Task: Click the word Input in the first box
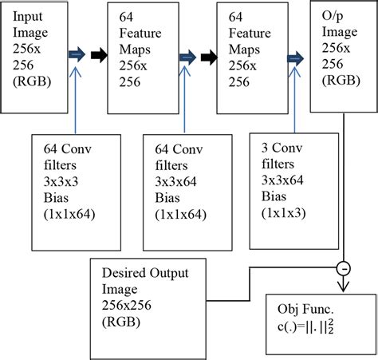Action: (28, 17)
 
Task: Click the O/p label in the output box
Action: (333, 16)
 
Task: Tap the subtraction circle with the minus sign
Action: (344, 268)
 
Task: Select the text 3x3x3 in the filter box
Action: (61, 181)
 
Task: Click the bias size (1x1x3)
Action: (283, 213)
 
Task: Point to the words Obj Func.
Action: (305, 309)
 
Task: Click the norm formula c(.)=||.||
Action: (305, 326)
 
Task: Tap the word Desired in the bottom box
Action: (124, 273)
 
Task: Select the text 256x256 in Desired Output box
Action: (127, 305)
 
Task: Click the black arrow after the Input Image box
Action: (99, 55)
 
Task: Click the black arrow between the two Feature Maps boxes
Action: (209, 57)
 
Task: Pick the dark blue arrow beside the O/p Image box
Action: (295, 58)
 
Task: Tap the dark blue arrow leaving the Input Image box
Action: (77, 54)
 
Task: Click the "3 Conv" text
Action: (282, 148)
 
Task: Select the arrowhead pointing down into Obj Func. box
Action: (343, 287)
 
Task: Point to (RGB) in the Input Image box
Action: (32, 81)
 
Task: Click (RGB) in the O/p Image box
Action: (341, 80)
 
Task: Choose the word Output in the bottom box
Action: (169, 273)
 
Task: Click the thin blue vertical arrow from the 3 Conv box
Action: (294, 100)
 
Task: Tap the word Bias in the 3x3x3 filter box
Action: (56, 198)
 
